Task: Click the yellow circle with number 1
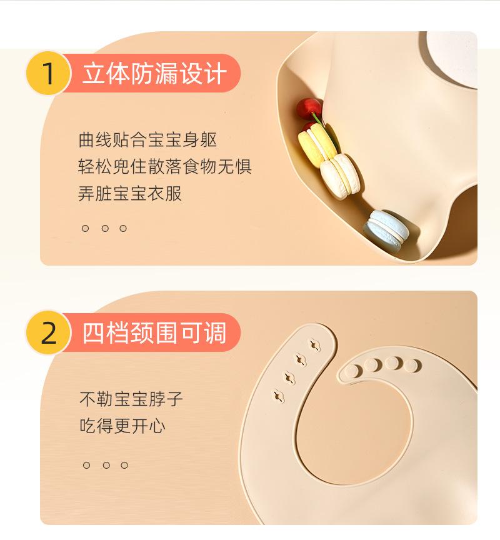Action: coord(49,73)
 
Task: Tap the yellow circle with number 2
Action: coord(49,332)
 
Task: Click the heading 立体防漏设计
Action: coord(154,73)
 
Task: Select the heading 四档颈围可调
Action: coord(154,332)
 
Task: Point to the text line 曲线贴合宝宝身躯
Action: coord(147,140)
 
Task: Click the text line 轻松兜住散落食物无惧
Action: coord(165,167)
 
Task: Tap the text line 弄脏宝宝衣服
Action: coord(130,193)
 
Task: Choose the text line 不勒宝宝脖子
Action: coord(131,399)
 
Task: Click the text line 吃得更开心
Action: coord(122,426)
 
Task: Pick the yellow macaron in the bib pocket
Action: coord(317,145)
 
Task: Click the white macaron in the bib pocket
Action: coord(340,176)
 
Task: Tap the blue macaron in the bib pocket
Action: coord(386,229)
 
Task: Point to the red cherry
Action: coord(309,109)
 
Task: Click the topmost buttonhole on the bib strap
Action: coord(314,345)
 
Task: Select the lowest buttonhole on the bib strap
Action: coord(278,396)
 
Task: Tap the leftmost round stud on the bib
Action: coord(352,371)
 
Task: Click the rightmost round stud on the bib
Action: coord(412,366)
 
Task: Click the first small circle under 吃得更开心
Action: coord(86,465)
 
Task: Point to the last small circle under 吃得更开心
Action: coord(124,465)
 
